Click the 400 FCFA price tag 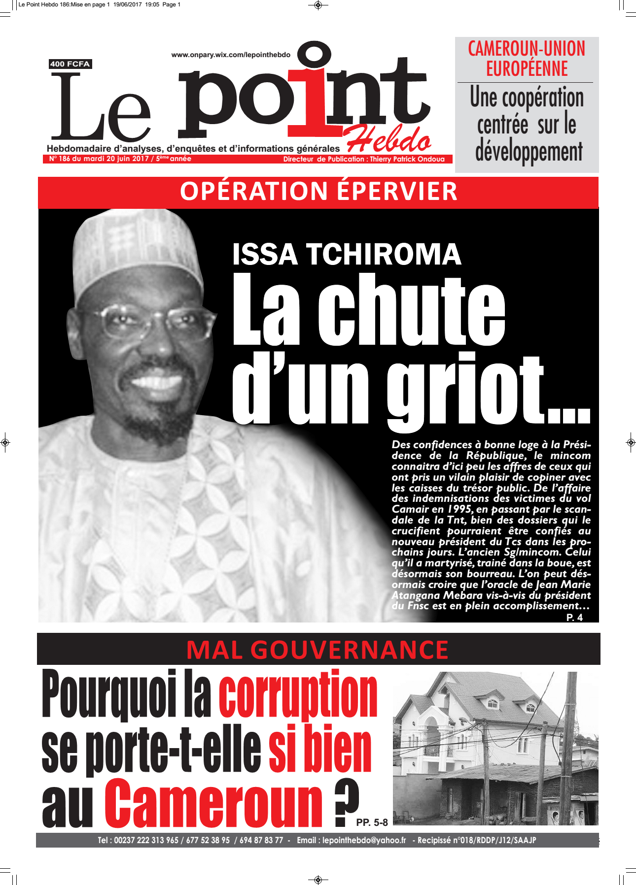(x=70, y=64)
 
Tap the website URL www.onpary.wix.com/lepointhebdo (x=231, y=55)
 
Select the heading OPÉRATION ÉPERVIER (x=318, y=192)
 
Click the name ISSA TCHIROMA (x=347, y=255)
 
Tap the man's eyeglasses (x=148, y=323)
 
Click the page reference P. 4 (x=574, y=618)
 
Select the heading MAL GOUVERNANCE (x=318, y=650)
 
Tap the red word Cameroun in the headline (x=213, y=804)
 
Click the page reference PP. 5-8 (x=372, y=822)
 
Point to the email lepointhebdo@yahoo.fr (x=364, y=840)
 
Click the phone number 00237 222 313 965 (x=146, y=840)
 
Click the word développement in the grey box (x=529, y=152)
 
